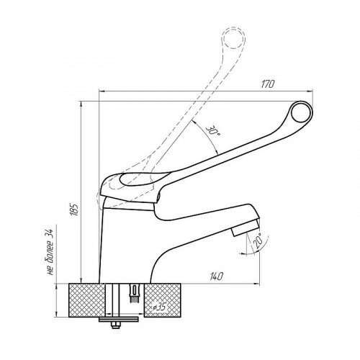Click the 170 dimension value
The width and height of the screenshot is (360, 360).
pos(267,84)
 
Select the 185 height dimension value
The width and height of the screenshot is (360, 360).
pos(75,210)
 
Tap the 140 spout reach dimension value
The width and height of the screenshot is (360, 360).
pos(217,276)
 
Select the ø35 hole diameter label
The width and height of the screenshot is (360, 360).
pos(160,307)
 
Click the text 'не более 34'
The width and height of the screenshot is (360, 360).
pos(50,252)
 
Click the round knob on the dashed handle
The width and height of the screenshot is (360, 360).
pos(233,37)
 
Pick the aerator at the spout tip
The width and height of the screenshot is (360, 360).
pos(246,227)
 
